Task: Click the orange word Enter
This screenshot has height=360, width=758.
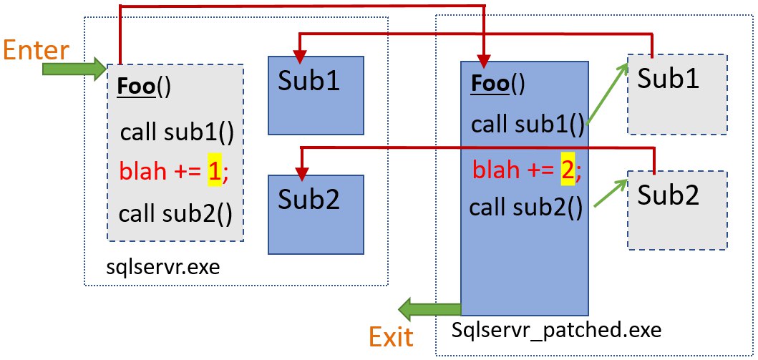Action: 37,50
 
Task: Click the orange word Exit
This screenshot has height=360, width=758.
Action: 392,336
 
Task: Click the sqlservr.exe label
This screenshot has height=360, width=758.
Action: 163,266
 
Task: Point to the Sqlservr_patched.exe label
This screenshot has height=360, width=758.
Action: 556,331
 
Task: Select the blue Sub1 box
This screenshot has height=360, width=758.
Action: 316,95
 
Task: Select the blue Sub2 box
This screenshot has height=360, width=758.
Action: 316,215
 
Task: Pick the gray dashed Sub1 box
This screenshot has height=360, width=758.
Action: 677,94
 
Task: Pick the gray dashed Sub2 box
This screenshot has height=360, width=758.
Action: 677,210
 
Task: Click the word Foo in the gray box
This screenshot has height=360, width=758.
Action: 137,87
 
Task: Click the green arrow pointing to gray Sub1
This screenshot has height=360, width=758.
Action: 607,95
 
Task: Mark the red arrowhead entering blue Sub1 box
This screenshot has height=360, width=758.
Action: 300,57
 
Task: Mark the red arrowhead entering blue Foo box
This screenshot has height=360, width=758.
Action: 484,60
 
